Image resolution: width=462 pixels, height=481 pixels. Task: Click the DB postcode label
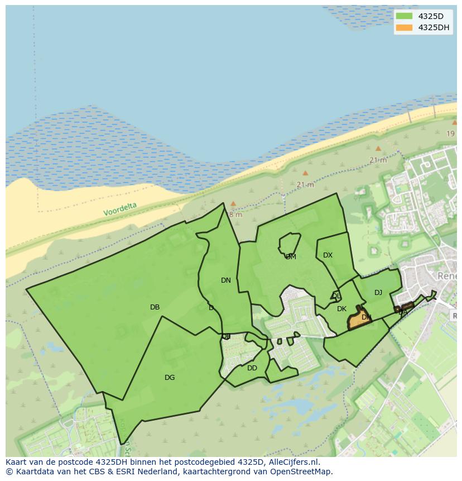coord(155,307)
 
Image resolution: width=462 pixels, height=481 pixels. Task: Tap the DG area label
coord(170,378)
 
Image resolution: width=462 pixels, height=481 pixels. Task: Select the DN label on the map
coord(225,280)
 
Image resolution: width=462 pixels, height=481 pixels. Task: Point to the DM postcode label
coord(291,257)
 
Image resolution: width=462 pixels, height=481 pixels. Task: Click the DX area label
coord(328,255)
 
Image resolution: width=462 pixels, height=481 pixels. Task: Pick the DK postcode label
coord(341,309)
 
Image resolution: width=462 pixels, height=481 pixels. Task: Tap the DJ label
coord(378,293)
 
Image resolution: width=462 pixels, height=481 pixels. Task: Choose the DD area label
coord(252,368)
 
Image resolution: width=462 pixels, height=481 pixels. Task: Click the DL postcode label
coord(336,296)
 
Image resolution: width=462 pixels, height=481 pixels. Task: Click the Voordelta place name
coord(119,209)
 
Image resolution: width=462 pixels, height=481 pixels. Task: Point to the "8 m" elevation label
coord(235,215)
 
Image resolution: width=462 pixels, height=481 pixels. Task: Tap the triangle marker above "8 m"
coord(233,204)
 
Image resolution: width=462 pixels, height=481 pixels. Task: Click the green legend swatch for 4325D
coord(404,16)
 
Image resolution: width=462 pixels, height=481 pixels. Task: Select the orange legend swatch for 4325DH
coord(404,27)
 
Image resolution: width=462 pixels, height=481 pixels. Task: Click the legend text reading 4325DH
coord(434,27)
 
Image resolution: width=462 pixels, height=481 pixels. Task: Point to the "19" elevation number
coord(450,134)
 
